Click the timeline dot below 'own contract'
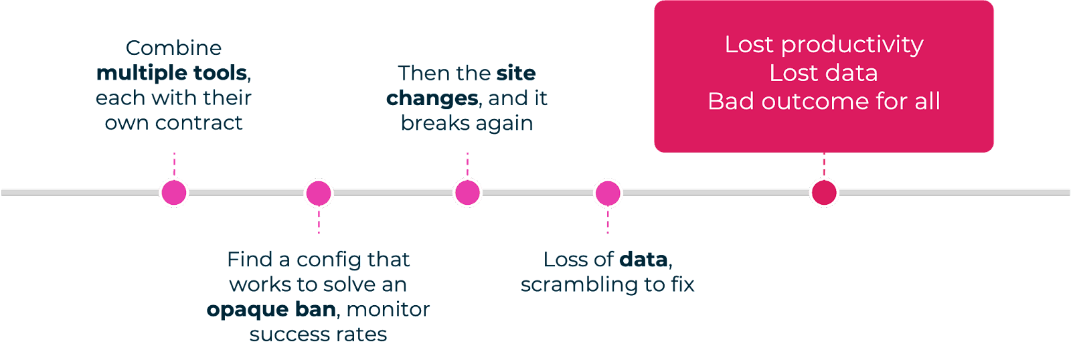tap(174, 193)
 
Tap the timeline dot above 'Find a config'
tap(319, 193)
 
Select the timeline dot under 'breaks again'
tap(467, 193)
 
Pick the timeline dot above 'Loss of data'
tap(608, 193)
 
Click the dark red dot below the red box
tap(824, 193)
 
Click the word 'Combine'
tap(173, 48)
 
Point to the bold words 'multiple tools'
tap(172, 72)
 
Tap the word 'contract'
tap(199, 123)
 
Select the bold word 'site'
tap(515, 73)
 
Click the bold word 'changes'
tap(432, 98)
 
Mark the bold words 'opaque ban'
tap(271, 309)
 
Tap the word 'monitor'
tap(388, 309)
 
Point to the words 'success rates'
tap(318, 334)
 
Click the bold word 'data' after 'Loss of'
tap(643, 259)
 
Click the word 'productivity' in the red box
tap(852, 45)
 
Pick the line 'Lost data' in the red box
tap(823, 73)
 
